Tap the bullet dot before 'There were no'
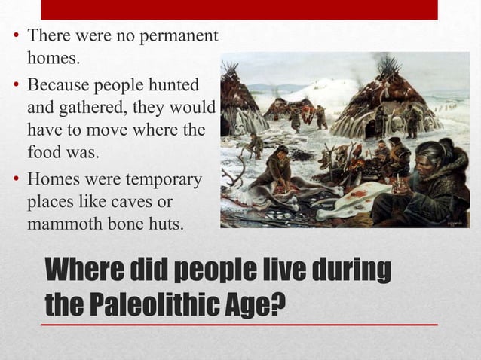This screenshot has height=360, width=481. click(15, 36)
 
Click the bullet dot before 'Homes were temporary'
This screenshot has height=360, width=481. click(15, 181)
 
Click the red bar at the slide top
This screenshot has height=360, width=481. click(239, 9)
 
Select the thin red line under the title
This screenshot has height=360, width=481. click(239, 324)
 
